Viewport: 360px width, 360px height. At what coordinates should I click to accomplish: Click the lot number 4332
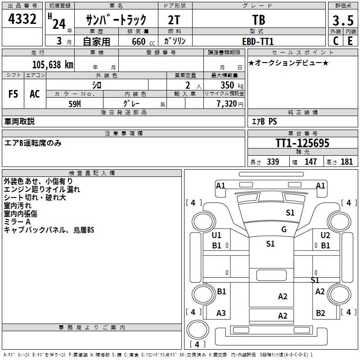point(22,20)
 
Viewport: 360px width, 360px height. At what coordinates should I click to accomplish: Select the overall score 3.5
point(342,20)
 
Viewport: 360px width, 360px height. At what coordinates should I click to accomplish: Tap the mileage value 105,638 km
point(53,64)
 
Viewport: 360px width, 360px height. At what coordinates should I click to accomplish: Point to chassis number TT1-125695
point(302,143)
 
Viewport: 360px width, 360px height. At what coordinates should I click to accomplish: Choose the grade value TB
point(259,20)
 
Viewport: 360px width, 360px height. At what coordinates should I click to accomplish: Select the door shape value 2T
point(175,20)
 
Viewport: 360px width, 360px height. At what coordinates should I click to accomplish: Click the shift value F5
point(13,94)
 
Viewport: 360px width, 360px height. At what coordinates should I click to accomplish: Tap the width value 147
point(311,162)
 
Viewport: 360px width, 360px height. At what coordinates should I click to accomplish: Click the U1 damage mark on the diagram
point(216,235)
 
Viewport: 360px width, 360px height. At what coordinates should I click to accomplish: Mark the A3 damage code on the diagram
point(221,313)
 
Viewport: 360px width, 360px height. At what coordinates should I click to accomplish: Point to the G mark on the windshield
point(284,229)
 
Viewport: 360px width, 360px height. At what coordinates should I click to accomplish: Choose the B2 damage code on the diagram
point(320,313)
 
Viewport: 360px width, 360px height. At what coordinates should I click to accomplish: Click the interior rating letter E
point(350,41)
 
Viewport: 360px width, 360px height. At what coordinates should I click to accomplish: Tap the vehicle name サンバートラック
point(117,20)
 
